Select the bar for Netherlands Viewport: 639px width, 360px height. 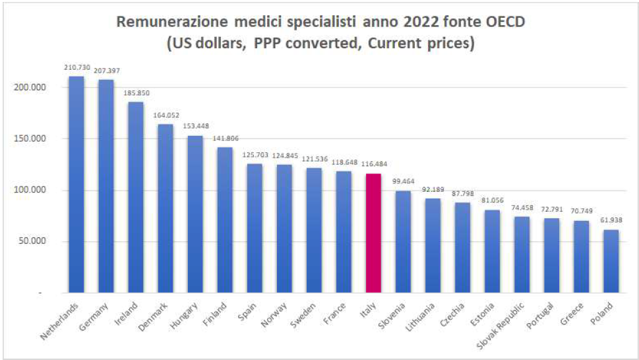pyautogui.click(x=76, y=185)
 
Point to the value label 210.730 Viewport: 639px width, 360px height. pyautogui.click(x=76, y=67)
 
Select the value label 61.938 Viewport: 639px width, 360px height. pyautogui.click(x=611, y=220)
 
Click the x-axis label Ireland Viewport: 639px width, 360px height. pyautogui.click(x=127, y=313)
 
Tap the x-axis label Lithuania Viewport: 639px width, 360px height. pyautogui.click(x=419, y=317)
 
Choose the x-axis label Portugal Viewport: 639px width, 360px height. pyautogui.click(x=538, y=316)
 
